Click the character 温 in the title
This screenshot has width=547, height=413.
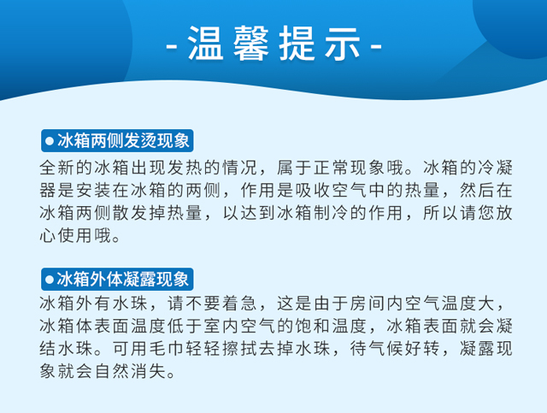click(x=205, y=43)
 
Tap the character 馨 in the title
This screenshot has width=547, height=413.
click(x=250, y=43)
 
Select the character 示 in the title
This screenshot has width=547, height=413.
click(x=342, y=43)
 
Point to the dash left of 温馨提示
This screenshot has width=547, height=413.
click(x=172, y=45)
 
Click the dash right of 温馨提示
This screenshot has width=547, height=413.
click(x=376, y=45)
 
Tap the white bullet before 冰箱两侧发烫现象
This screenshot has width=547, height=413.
click(x=50, y=141)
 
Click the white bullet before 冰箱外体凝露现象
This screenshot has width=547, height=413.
click(x=50, y=280)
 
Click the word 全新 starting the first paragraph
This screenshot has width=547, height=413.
click(x=57, y=168)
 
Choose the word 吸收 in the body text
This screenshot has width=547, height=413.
click(x=314, y=191)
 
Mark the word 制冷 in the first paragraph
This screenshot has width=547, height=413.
click(x=332, y=213)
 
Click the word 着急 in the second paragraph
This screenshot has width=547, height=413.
click(x=240, y=304)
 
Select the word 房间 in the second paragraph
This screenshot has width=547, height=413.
click(x=368, y=304)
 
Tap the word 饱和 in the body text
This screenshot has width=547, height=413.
click(x=314, y=326)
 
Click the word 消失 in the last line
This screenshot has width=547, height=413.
click(x=149, y=371)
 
